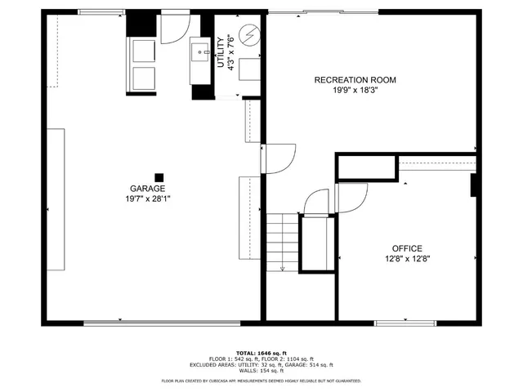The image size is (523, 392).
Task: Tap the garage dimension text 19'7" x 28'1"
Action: click(148, 198)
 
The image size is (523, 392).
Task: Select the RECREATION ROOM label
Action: click(355, 80)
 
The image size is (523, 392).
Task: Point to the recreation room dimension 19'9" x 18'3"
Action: click(355, 90)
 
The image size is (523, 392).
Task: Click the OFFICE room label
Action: click(406, 248)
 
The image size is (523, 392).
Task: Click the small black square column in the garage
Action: click(159, 176)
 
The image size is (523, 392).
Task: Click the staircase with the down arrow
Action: click(282, 241)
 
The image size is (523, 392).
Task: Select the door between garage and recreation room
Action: click(278, 158)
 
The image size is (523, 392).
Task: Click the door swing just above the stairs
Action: click(314, 201)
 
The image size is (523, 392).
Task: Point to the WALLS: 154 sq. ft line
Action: click(261, 370)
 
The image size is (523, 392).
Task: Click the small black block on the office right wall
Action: click(474, 185)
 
